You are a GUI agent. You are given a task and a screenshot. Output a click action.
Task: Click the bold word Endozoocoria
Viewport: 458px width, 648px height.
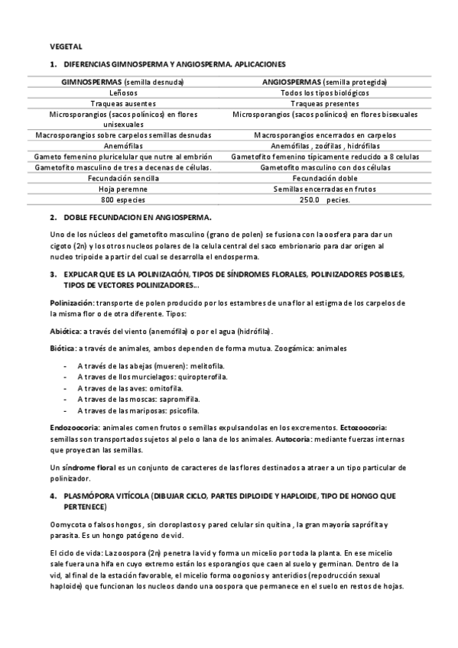[x=74, y=428]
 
